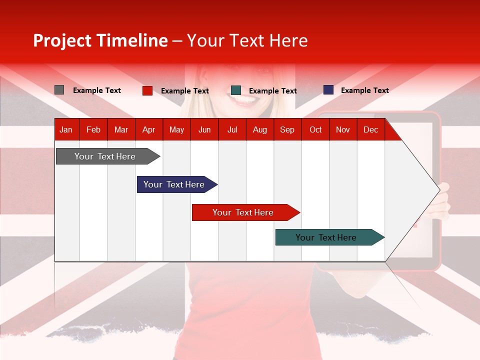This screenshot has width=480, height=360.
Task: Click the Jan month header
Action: pyautogui.click(x=66, y=129)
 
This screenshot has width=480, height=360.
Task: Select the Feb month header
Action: pyautogui.click(x=93, y=129)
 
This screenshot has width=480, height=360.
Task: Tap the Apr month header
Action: pyautogui.click(x=148, y=129)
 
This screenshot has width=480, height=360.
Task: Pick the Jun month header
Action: pyautogui.click(x=204, y=129)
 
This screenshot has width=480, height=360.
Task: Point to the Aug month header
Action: pyautogui.click(x=259, y=129)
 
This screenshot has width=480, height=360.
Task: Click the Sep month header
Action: pyautogui.click(x=287, y=129)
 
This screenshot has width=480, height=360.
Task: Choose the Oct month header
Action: pyautogui.click(x=315, y=129)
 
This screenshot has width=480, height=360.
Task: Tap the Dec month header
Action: pyautogui.click(x=370, y=129)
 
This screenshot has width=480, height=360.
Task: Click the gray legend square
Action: pyautogui.click(x=59, y=90)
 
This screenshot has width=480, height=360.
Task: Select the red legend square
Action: pyautogui.click(x=147, y=90)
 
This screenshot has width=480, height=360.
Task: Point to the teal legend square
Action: pyautogui.click(x=236, y=90)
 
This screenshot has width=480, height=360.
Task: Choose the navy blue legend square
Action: pyautogui.click(x=328, y=90)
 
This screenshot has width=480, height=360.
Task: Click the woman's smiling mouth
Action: pyautogui.click(x=244, y=100)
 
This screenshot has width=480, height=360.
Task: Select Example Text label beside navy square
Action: pyautogui.click(x=364, y=90)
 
